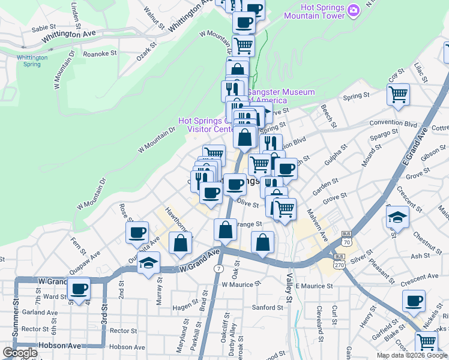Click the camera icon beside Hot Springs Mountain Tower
point(354,10)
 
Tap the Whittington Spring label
point(32,61)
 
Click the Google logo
point(20,353)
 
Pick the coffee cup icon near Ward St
point(79,289)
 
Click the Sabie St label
point(43,28)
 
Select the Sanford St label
point(268,308)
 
